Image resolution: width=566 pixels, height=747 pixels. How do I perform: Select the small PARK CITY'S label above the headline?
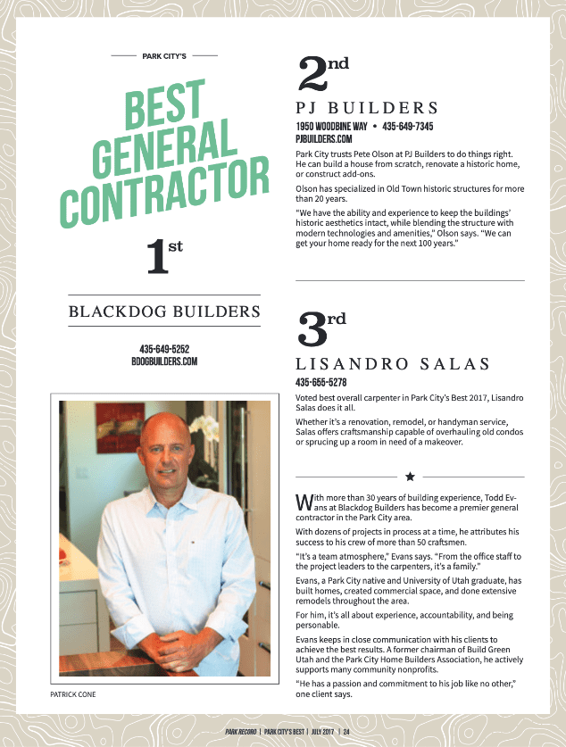[x=164, y=56]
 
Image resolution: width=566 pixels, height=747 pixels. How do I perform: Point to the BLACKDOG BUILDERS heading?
[x=164, y=311]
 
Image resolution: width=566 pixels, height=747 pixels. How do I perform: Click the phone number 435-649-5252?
[x=164, y=349]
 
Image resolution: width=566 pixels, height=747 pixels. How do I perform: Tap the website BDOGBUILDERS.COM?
[x=164, y=361]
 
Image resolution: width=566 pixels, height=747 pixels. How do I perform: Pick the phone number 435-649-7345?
[x=408, y=127]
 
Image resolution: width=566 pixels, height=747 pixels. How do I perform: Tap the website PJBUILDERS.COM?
[x=324, y=139]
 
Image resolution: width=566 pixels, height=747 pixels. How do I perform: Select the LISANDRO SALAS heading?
[x=392, y=364]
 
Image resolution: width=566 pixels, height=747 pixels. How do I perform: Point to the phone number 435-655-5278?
[x=320, y=382]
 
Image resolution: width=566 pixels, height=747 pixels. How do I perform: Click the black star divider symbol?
[x=410, y=477]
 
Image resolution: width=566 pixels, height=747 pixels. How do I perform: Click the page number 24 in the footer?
[x=345, y=732]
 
